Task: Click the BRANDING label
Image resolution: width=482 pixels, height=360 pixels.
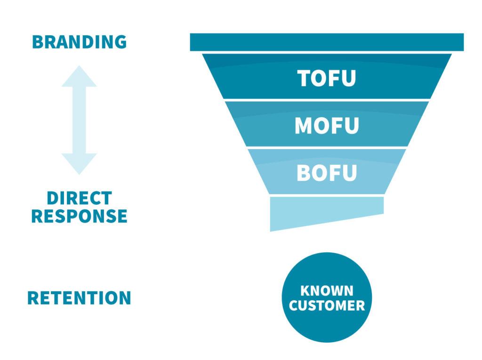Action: (79, 42)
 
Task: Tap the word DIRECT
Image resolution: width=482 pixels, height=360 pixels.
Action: (79, 198)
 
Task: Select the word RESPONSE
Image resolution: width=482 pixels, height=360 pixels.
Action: (79, 216)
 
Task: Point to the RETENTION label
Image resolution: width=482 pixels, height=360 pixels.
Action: (79, 298)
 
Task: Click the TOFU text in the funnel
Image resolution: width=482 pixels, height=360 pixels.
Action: (327, 79)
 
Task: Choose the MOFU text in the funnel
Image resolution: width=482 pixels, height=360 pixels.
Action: (327, 126)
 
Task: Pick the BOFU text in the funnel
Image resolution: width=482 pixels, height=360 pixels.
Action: (327, 173)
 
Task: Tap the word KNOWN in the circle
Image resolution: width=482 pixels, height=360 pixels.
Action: (327, 290)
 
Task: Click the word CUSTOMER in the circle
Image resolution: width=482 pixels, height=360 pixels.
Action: (327, 306)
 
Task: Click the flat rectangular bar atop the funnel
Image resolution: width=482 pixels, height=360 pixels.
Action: (327, 42)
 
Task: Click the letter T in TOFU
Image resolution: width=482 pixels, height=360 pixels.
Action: (304, 79)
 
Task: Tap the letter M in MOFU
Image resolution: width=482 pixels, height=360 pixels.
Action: (303, 126)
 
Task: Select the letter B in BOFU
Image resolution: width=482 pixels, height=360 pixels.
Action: (304, 173)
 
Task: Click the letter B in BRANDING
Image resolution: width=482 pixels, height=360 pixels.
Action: (37, 42)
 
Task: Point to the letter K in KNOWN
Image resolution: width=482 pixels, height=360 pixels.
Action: (305, 290)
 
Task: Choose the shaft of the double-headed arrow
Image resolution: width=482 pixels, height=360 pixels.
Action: (79, 120)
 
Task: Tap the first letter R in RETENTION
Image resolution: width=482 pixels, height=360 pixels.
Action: (33, 298)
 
